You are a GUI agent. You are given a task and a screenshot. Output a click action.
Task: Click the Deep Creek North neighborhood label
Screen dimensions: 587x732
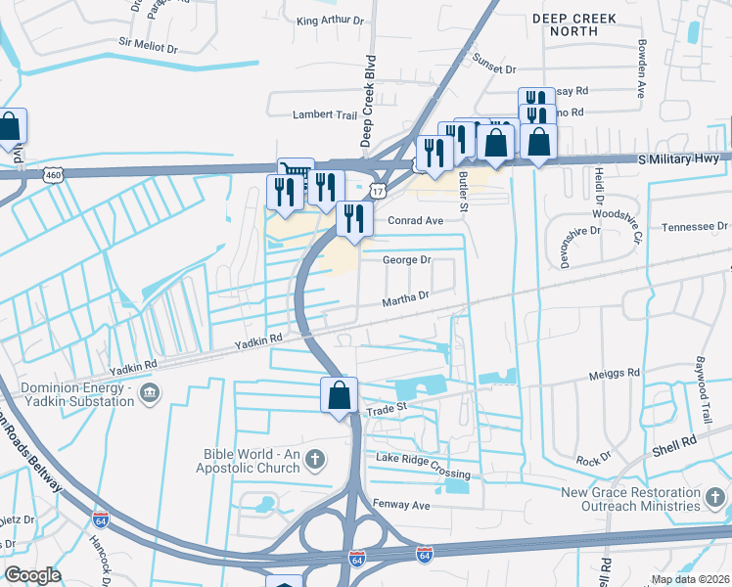tap(566, 24)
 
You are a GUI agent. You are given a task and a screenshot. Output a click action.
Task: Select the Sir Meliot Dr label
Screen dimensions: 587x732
tap(148, 45)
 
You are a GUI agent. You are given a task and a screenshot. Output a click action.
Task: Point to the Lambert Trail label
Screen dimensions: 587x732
tap(326, 114)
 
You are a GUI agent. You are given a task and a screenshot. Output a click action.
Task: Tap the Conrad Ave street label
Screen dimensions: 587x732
tap(416, 220)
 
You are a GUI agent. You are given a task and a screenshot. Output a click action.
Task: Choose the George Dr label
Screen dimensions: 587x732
tap(406, 260)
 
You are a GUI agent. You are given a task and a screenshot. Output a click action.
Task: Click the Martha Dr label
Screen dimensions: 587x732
tap(406, 295)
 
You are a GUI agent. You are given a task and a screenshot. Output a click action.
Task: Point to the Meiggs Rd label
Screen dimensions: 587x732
tap(614, 373)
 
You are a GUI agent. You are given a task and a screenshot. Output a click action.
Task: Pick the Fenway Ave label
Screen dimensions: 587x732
tap(401, 505)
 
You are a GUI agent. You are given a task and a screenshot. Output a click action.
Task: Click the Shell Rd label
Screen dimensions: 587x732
tap(674, 450)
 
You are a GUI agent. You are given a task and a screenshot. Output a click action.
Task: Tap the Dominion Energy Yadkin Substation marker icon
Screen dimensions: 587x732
tap(150, 394)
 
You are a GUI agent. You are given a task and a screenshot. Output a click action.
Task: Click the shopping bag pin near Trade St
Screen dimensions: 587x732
tap(340, 396)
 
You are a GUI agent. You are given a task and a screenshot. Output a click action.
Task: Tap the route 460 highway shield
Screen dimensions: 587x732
tap(53, 174)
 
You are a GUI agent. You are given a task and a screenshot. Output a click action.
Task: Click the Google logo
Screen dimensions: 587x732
tap(32, 574)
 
